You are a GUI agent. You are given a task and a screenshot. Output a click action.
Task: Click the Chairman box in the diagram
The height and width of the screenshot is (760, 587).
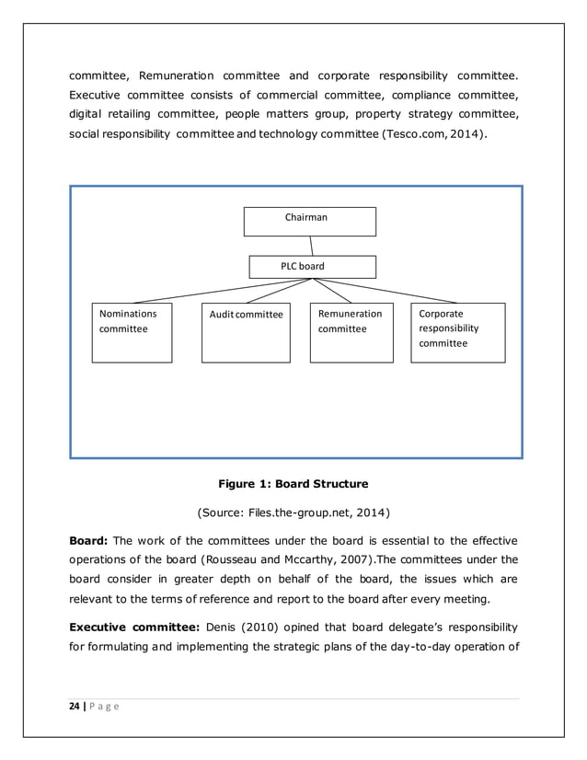tap(309, 221)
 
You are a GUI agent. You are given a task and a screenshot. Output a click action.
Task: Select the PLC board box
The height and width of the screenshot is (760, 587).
tap(313, 267)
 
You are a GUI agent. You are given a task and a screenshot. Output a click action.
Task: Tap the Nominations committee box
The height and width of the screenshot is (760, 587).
tap(132, 332)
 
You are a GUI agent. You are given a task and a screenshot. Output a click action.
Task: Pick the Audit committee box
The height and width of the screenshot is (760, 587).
tap(246, 332)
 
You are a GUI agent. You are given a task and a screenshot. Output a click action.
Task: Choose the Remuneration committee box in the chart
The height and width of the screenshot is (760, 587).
tap(351, 332)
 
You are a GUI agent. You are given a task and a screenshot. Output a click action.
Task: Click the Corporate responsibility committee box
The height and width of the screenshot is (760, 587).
tap(457, 332)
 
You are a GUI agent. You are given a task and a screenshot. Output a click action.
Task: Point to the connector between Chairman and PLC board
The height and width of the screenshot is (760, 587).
tap(312, 246)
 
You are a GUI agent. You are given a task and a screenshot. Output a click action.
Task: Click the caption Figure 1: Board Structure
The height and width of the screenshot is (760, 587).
tap(293, 483)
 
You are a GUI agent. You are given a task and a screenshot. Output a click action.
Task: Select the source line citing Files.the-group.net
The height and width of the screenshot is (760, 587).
tap(293, 511)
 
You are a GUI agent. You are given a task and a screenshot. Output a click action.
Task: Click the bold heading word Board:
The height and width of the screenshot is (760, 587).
tap(89, 540)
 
